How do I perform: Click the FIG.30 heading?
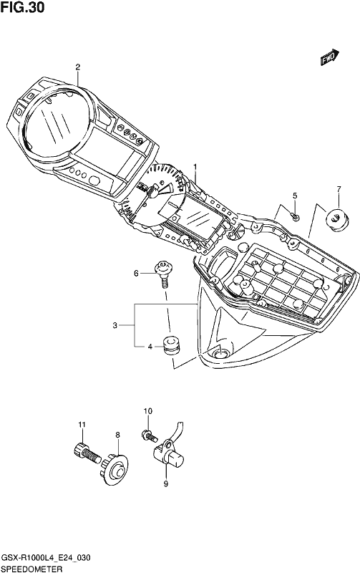[23, 7]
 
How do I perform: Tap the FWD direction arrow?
[330, 57]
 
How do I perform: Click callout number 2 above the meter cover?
[78, 67]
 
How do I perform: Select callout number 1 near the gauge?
[195, 167]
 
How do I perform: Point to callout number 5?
[295, 196]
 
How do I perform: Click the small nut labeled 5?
[296, 218]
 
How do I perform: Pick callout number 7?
[339, 189]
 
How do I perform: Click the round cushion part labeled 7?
[336, 219]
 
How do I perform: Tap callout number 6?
[136, 273]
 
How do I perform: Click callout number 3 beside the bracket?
[115, 325]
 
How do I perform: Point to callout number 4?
[150, 347]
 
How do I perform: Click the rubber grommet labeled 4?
[170, 346]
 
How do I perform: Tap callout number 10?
[148, 411]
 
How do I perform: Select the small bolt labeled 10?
[150, 435]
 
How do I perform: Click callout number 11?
[82, 425]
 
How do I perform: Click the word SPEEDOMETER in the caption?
[31, 568]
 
